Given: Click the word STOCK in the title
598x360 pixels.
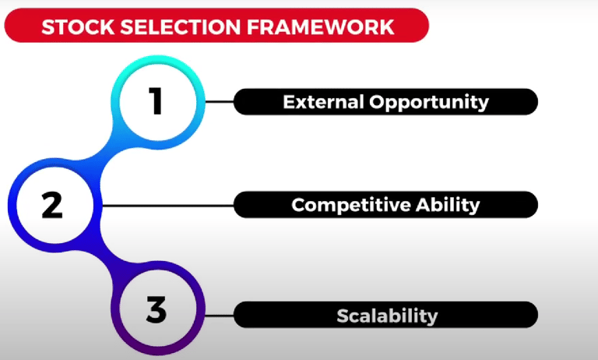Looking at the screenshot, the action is [78, 27].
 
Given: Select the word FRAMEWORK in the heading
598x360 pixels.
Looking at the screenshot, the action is [320, 27].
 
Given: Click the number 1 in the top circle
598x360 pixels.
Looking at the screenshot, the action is [156, 101].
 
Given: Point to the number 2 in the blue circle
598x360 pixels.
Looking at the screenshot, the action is [52, 206].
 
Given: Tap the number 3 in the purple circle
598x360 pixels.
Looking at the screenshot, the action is [157, 309].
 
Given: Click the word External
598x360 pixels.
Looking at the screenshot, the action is [323, 102].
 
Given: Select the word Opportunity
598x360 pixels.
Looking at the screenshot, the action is [429, 103].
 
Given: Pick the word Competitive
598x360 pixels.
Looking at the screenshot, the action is [351, 206].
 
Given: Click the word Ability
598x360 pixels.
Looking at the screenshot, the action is [448, 206].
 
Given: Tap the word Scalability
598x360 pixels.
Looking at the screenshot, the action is [387, 316].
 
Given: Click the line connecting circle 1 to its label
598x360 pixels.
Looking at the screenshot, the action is [220, 102].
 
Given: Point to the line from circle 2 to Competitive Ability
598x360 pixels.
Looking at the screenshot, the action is [168, 206].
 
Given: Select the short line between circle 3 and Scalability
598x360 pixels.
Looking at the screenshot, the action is [220, 316].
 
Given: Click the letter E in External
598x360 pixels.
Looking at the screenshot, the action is [289, 102].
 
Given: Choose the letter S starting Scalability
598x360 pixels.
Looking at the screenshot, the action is [343, 316].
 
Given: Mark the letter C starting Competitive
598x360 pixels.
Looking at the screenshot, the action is [299, 205].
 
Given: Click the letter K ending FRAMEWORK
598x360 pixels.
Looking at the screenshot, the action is [387, 27].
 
